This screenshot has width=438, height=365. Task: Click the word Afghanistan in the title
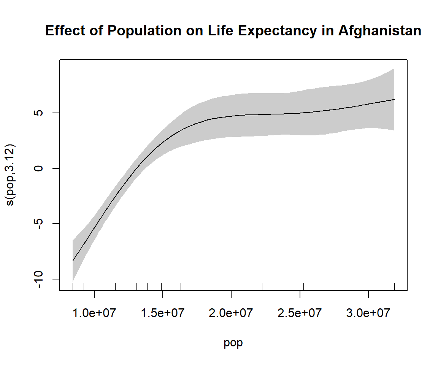click(x=379, y=31)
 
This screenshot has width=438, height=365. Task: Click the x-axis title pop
click(x=233, y=343)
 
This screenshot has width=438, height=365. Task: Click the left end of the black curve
click(x=73, y=261)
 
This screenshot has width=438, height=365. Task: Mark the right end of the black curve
click(x=394, y=100)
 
